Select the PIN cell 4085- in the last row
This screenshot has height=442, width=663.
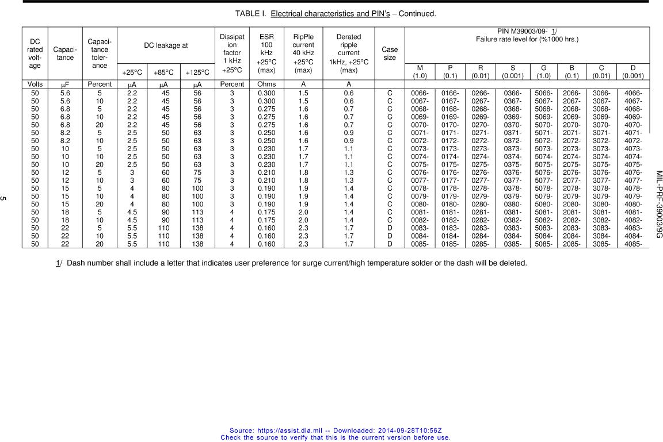pyautogui.click(x=632, y=244)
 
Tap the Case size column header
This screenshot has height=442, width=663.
pyautogui.click(x=390, y=53)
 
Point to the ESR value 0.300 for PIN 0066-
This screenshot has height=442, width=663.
pyautogui.click(x=266, y=93)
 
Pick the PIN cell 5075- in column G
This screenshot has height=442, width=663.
pyautogui.click(x=543, y=164)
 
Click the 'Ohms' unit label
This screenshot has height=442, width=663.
pyautogui.click(x=266, y=84)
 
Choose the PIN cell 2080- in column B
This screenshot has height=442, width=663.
pyautogui.click(x=571, y=203)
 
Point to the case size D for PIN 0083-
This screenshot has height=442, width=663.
pyautogui.click(x=390, y=228)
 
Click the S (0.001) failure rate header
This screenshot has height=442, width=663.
pyautogui.click(x=512, y=72)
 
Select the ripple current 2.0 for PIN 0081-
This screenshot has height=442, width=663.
pyautogui.click(x=303, y=212)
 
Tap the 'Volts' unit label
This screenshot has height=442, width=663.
pyautogui.click(x=35, y=84)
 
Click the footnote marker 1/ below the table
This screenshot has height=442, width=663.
pyautogui.click(x=58, y=263)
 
